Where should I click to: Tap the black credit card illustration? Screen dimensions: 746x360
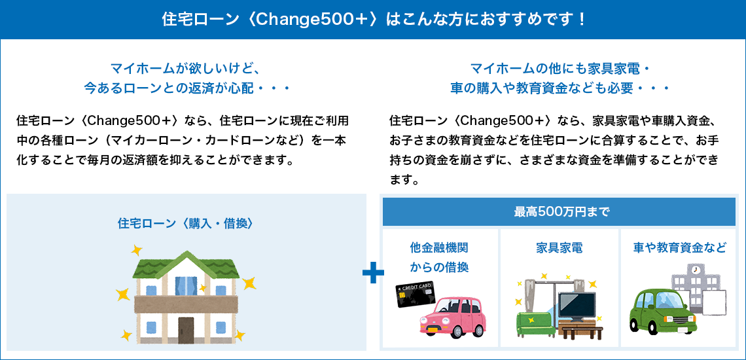pos(415,295)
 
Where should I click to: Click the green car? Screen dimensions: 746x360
pos(662,312)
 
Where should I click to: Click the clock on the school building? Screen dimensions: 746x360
pos(695,270)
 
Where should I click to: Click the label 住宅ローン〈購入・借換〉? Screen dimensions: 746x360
pos(185,223)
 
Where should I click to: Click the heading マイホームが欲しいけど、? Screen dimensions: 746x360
pos(184,68)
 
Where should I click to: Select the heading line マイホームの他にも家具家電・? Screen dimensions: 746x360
pos(559,68)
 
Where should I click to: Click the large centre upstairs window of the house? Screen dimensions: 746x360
pos(186,285)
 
